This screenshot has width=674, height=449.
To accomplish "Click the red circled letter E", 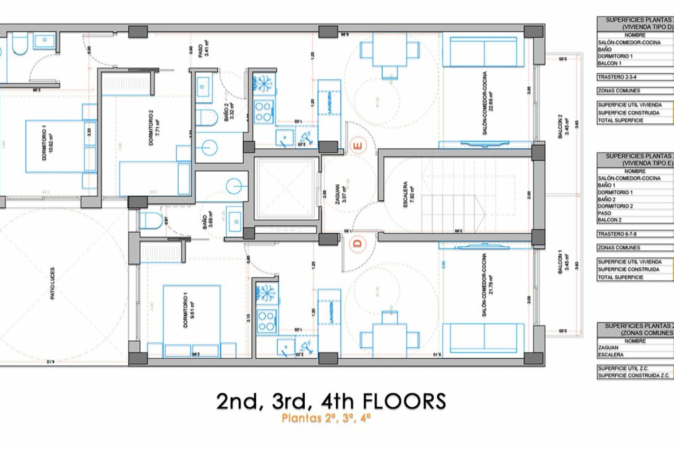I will (x=358, y=146).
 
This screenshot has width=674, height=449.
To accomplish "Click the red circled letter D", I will (x=358, y=243).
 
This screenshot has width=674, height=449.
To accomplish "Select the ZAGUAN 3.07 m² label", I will (x=341, y=193).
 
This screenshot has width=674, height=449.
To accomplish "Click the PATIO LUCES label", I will (x=52, y=283).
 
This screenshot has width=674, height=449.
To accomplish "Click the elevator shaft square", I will (x=285, y=188).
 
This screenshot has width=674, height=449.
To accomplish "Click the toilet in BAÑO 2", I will (x=206, y=117).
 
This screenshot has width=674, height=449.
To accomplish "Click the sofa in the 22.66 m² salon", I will (x=484, y=52).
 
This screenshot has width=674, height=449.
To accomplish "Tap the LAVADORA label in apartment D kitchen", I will (x=330, y=311).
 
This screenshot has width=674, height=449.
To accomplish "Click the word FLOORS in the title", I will (x=404, y=401).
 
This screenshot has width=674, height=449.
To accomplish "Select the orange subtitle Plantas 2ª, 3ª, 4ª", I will (x=326, y=418).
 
